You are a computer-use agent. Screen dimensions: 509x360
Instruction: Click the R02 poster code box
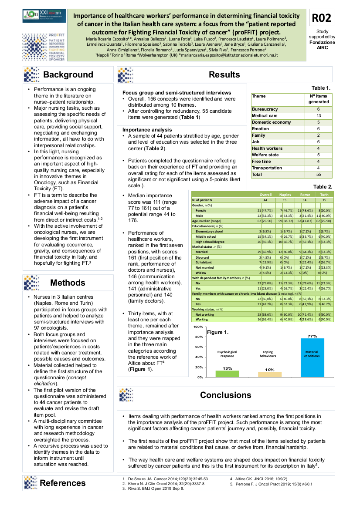coord(322,18)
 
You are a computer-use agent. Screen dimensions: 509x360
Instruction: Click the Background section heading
coord(68,74)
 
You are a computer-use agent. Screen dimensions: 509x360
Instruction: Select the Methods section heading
coord(68,283)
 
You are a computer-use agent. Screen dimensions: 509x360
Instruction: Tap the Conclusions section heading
coord(225,395)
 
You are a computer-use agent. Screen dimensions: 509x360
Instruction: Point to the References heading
coord(63,482)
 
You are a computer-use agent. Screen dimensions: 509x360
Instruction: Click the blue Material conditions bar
coord(312,357)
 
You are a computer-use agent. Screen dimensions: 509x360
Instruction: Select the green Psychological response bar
coord(227,374)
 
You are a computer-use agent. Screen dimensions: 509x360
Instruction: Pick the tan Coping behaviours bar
coord(270,374)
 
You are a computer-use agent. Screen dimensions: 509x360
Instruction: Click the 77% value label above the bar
coord(312,336)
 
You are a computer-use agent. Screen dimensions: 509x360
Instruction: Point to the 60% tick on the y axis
coord(198,347)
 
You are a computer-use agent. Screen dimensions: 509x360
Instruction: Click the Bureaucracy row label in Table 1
coord(265,109)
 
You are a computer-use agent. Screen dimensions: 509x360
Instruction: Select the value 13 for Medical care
coord(319,116)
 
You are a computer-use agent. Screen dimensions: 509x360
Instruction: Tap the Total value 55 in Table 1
coord(319,175)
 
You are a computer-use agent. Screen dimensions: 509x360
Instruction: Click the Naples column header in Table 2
coord(285,195)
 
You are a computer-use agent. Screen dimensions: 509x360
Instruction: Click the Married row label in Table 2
coord(201,252)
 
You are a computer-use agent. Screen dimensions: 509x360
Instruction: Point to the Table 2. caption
coord(323,187)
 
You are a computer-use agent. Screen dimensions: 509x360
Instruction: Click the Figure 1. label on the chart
coord(218,332)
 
